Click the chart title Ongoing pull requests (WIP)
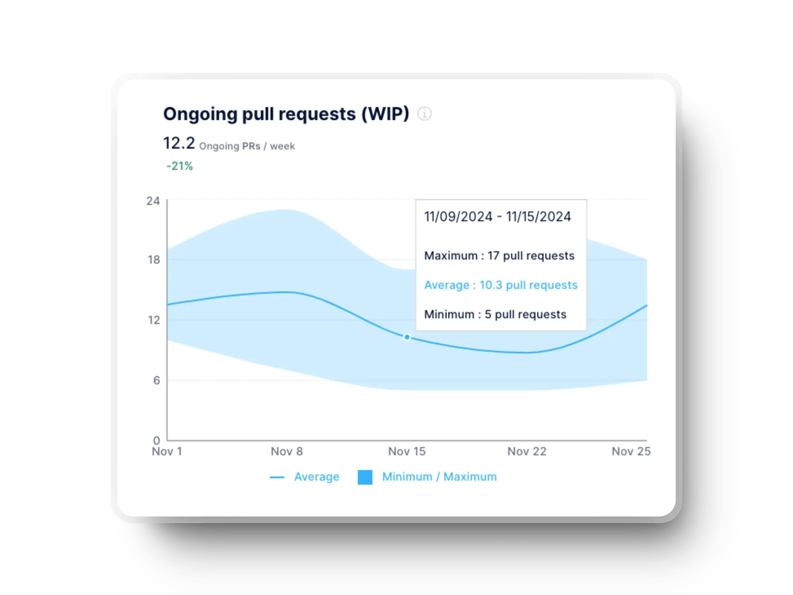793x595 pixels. [x=286, y=114]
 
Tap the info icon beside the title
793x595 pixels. [x=425, y=114]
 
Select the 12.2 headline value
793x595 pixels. [x=179, y=143]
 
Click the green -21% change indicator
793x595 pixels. [x=180, y=166]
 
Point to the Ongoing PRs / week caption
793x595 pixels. [x=247, y=146]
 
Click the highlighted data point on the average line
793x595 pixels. [x=407, y=337]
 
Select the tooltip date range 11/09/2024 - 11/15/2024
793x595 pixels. [x=497, y=217]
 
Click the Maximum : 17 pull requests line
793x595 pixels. [x=499, y=256]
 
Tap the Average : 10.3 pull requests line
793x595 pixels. [x=501, y=285]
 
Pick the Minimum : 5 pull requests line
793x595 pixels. [x=495, y=314]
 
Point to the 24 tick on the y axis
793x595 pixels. [x=153, y=201]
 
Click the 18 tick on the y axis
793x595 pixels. [x=154, y=260]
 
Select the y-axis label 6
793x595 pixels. [x=157, y=380]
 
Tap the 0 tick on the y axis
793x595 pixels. [x=157, y=440]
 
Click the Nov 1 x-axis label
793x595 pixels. [x=167, y=452]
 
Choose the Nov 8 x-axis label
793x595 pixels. [x=287, y=452]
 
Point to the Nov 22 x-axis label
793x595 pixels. [x=527, y=452]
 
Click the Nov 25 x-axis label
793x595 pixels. [x=631, y=452]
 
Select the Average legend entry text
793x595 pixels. [x=316, y=477]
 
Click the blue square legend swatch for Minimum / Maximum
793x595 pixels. [x=365, y=477]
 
